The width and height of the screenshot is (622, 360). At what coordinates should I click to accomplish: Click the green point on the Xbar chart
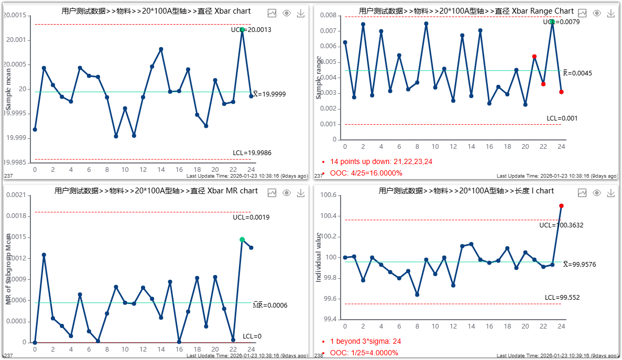(x=242, y=29)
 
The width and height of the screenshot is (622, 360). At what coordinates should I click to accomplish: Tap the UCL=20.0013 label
(x=251, y=30)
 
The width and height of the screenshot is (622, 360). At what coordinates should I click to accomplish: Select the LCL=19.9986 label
(x=252, y=153)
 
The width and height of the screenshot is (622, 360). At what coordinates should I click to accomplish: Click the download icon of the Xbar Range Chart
(x=610, y=14)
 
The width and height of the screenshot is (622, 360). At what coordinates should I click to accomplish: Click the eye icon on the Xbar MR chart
(x=287, y=193)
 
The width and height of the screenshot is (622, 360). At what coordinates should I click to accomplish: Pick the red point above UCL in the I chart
(x=561, y=206)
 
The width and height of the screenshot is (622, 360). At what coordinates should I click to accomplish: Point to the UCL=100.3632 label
(x=561, y=225)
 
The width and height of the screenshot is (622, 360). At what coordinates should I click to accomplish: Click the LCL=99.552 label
(x=562, y=298)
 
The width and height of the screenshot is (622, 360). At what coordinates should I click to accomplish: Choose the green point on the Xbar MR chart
(x=242, y=239)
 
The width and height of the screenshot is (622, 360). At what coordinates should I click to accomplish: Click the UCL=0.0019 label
(x=252, y=217)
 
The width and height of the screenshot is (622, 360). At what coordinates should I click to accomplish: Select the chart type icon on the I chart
(x=582, y=193)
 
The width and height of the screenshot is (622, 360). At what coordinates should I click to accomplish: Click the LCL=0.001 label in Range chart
(x=562, y=118)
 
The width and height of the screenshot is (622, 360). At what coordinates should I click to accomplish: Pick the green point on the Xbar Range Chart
(x=552, y=21)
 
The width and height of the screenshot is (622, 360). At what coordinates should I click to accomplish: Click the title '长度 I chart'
(x=466, y=191)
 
